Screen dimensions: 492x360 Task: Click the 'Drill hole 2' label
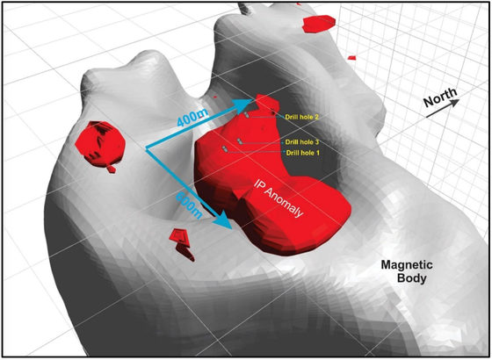coord(301,117)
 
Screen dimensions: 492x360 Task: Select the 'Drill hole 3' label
coord(302,142)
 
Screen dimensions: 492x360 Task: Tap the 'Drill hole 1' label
coord(303,153)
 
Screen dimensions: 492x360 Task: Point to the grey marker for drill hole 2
coord(247,115)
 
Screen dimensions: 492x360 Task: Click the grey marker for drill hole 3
coord(240,141)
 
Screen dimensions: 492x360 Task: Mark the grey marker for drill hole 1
coord(225,149)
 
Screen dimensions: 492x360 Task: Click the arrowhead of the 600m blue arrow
coord(224,221)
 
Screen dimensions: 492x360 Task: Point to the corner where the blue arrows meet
coord(147,148)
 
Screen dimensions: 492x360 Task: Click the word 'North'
coord(440,97)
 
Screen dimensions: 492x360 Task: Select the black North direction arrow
coord(443,109)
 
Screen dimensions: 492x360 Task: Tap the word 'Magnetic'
coord(407,265)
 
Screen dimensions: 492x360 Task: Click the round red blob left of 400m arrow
coord(100,145)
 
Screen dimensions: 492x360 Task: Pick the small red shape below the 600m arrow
coord(182,244)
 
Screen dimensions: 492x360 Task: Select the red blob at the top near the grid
coord(319,24)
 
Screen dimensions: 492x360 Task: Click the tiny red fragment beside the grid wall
coord(351,58)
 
